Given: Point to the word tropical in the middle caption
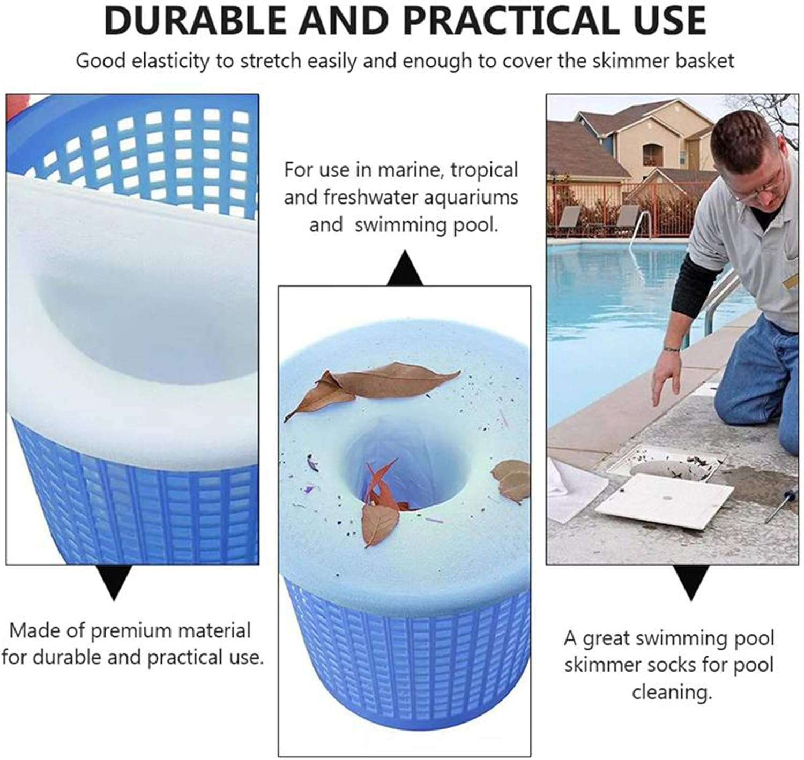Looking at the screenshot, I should (484, 170).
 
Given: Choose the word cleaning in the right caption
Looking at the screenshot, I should (672, 692).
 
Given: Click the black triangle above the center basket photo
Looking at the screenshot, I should (405, 270).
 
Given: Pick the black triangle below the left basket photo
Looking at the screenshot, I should (114, 582).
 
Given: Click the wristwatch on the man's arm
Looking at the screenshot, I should (671, 349).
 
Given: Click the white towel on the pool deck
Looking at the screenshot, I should (576, 490).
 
